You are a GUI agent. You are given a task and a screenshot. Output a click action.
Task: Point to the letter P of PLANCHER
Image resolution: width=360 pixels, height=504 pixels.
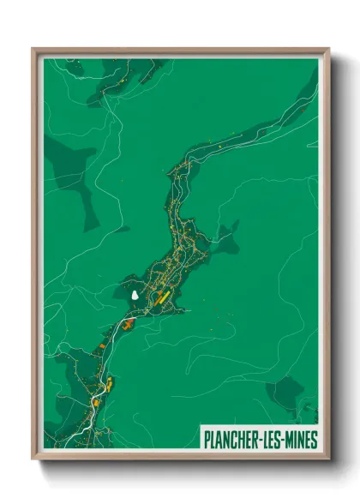pos(207,440)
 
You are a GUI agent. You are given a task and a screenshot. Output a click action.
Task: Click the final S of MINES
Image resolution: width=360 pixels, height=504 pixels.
pos(314,440)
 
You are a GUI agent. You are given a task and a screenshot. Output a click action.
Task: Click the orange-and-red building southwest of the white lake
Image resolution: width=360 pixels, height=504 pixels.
pos(128,324)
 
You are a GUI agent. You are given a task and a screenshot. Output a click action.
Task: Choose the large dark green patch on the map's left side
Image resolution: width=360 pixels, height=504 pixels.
pos(73,176)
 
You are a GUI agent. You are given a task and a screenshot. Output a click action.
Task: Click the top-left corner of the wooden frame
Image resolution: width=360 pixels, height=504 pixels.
pos(33,49)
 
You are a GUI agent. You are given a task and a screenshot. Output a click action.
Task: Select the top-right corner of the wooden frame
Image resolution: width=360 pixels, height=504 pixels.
pos(329,49)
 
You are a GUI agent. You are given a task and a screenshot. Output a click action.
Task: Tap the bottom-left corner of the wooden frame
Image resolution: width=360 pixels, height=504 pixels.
pos(33,460)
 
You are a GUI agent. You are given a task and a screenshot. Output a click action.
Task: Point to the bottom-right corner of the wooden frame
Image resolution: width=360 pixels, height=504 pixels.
pos(329,460)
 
